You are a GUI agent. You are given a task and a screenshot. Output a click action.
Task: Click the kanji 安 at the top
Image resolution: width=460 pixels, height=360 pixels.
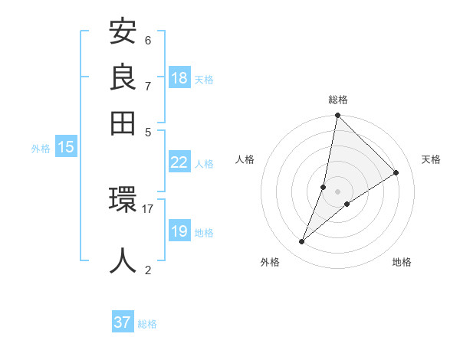point(123,33)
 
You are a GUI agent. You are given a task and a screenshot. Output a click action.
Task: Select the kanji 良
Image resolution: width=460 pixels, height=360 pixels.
point(123,78)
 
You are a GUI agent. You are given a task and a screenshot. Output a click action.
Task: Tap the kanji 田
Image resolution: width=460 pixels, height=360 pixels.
point(123,122)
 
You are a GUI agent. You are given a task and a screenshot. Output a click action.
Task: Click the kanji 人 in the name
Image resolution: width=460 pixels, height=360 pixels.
point(123,260)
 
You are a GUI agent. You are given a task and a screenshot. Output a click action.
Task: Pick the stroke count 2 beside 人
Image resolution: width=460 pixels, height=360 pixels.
point(148,269)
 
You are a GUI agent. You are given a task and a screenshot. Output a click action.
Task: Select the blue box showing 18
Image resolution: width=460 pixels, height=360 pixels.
point(179,78)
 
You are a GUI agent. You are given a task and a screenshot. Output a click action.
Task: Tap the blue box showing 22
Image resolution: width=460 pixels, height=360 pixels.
point(179,162)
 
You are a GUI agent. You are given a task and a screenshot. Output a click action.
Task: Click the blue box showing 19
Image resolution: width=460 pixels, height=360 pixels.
point(179,231)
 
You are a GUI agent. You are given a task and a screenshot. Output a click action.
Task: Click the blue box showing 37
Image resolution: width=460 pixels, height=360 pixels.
point(122,322)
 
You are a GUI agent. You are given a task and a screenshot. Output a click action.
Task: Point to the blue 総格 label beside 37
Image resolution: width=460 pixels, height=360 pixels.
point(147,324)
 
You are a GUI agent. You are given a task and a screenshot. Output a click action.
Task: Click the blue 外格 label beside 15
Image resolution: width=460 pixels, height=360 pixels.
point(41,149)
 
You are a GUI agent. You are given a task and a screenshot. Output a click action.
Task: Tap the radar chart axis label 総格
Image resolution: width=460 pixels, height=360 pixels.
point(338,100)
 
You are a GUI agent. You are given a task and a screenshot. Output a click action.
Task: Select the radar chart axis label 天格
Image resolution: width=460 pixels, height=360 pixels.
point(431,159)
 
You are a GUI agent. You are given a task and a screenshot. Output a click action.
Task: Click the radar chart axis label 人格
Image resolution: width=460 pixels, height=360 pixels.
point(245,159)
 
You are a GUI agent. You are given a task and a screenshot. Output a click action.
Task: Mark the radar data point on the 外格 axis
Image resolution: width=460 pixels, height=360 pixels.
point(302,242)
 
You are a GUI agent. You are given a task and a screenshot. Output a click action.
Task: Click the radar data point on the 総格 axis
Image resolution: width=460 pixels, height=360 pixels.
point(337,116)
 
